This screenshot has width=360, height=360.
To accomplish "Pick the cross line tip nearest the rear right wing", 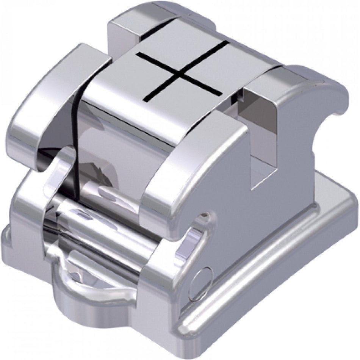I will [x=229, y=42].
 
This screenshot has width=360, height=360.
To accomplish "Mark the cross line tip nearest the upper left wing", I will [x=137, y=54].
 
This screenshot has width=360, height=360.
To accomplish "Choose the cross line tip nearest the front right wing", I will [x=144, y=100].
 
